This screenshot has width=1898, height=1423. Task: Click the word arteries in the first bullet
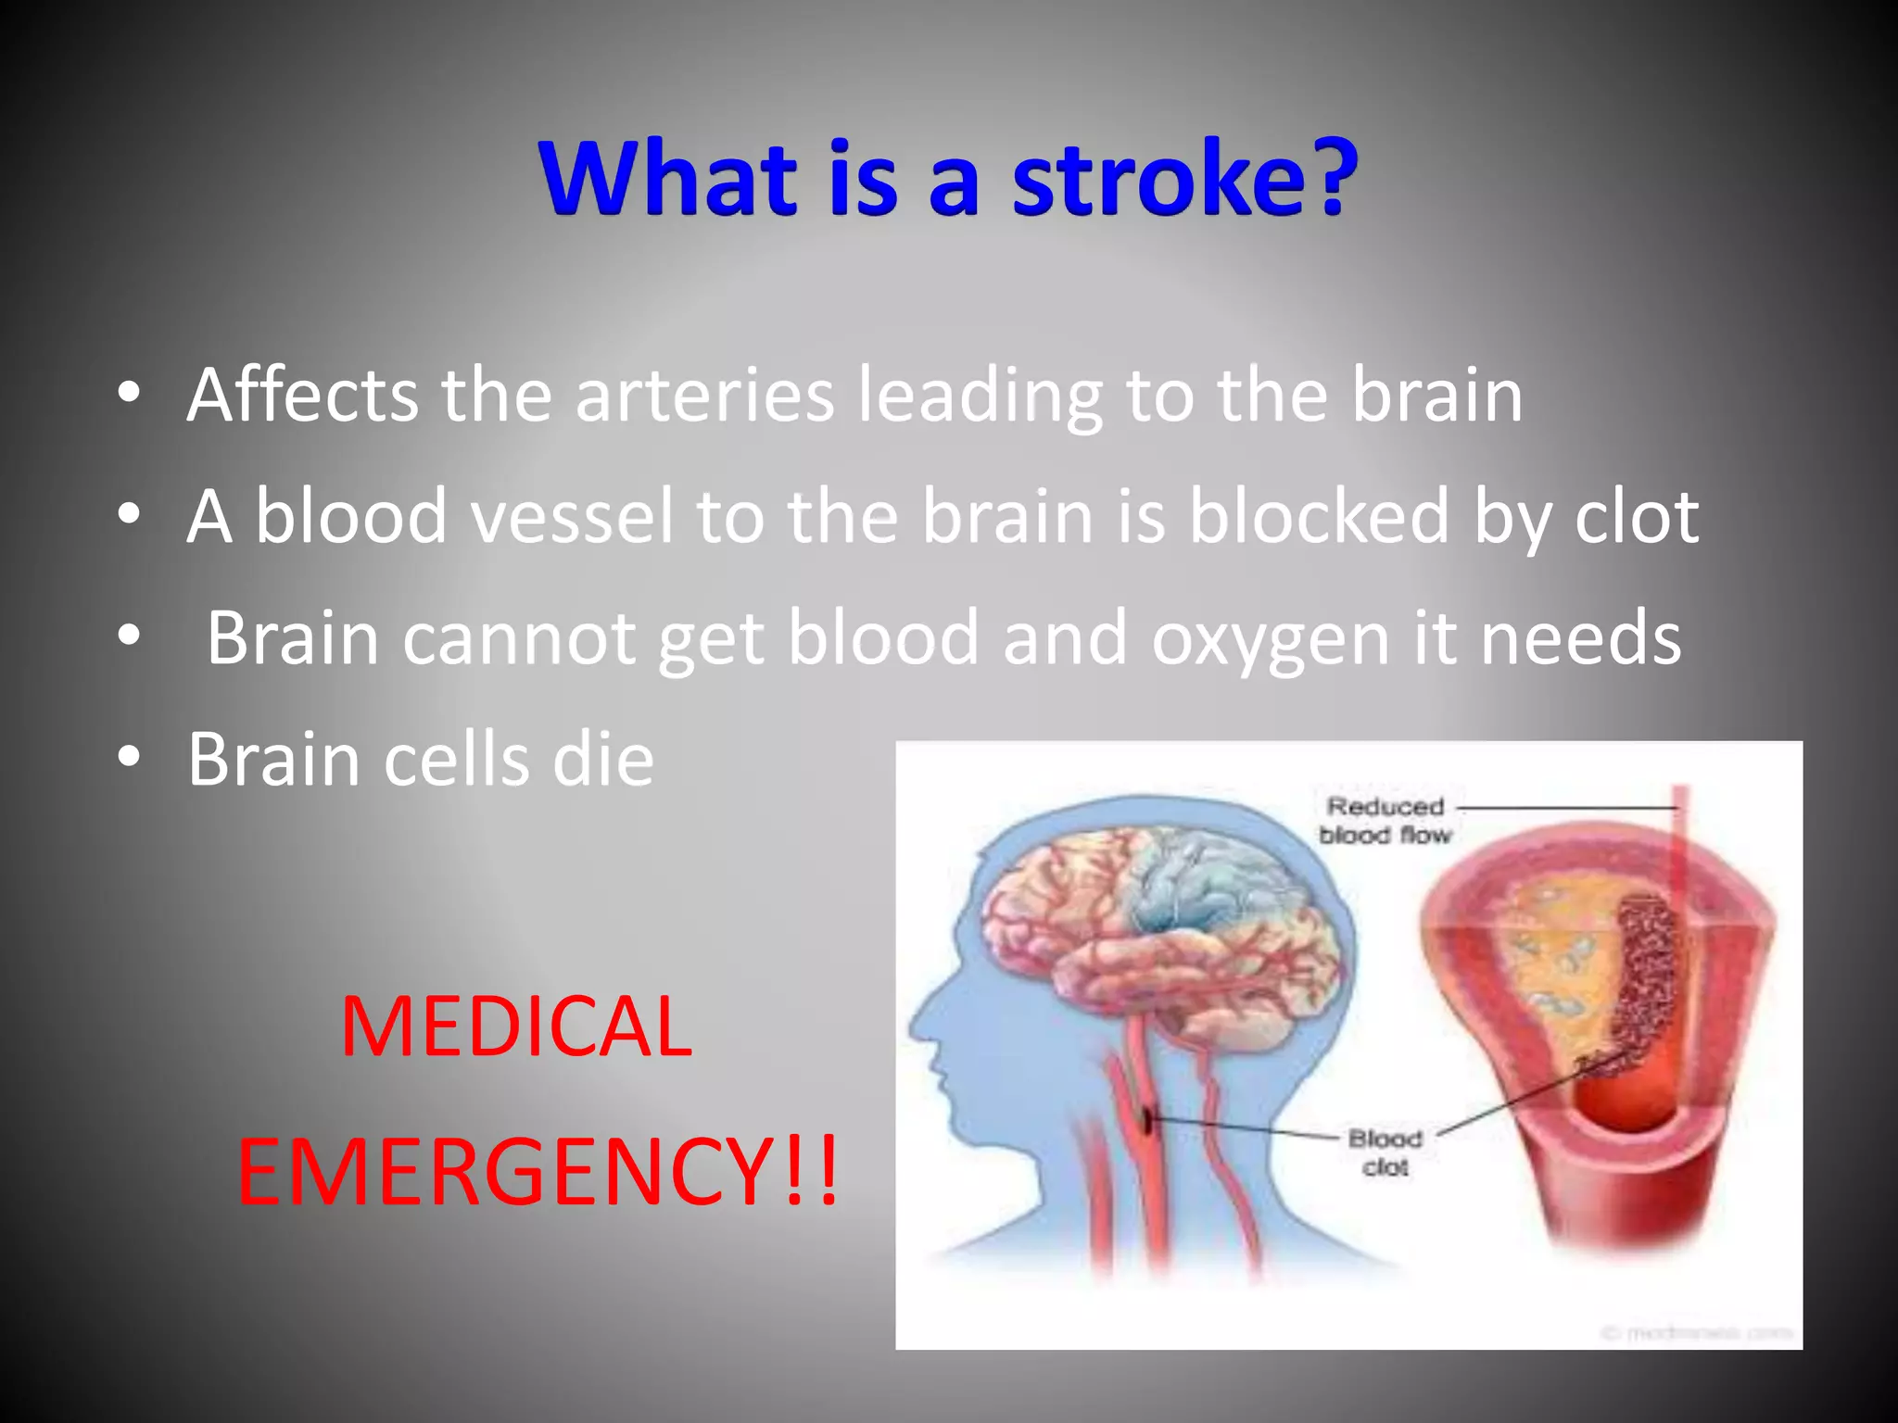point(704,396)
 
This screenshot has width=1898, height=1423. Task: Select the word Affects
point(302,396)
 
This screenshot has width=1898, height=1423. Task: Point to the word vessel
point(571,516)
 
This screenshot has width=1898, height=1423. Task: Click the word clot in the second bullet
point(1637,516)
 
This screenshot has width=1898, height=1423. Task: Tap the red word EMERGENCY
point(505,1172)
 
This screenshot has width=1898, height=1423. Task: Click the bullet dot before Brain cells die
point(129,757)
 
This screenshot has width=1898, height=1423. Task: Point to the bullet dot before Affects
point(129,393)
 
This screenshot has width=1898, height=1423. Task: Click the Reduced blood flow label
point(1385,821)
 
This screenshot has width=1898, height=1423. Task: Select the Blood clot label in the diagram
point(1385,1152)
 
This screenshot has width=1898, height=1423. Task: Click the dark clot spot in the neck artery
point(1147,1121)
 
